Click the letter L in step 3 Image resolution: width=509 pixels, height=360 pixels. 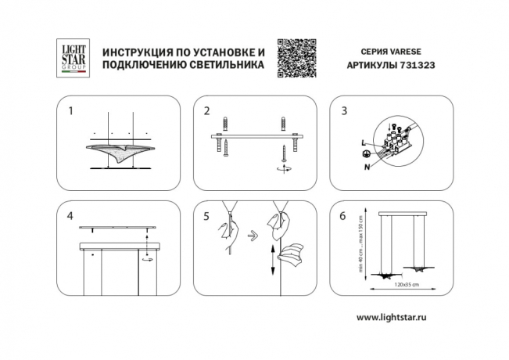click(364, 142)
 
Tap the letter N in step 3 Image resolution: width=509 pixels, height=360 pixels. click(367, 166)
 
